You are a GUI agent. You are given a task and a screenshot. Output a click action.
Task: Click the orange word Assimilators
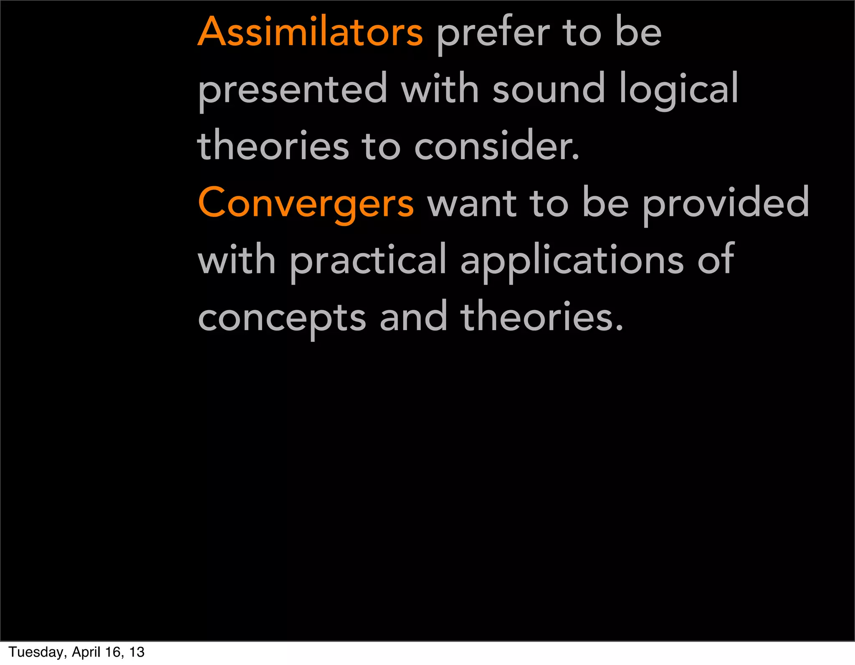[x=310, y=32]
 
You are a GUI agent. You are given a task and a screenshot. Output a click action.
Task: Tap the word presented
[x=293, y=89]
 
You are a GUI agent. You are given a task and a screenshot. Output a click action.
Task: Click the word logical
[x=679, y=89]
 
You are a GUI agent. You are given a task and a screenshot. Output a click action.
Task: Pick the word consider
[x=497, y=146]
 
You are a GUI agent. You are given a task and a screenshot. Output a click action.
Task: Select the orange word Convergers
[x=306, y=203]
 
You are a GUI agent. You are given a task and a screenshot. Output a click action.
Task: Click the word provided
[x=725, y=203]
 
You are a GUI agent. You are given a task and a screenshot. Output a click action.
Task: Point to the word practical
[x=368, y=261]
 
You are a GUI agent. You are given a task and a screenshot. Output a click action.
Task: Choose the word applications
[x=572, y=261]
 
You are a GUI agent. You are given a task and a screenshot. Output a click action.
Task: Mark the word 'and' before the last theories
[x=413, y=317]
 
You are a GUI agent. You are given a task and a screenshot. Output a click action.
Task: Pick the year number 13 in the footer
[x=137, y=652]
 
